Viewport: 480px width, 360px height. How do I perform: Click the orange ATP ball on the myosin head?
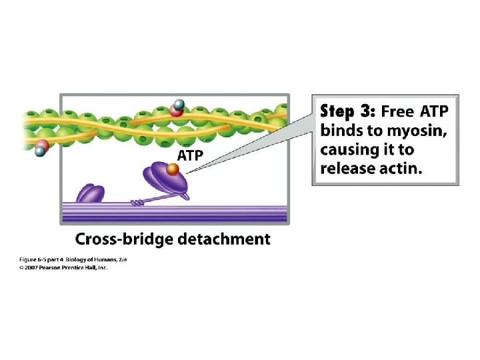point(172,171)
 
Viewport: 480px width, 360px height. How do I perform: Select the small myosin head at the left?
point(91,193)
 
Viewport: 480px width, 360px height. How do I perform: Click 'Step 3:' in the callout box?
point(349,111)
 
